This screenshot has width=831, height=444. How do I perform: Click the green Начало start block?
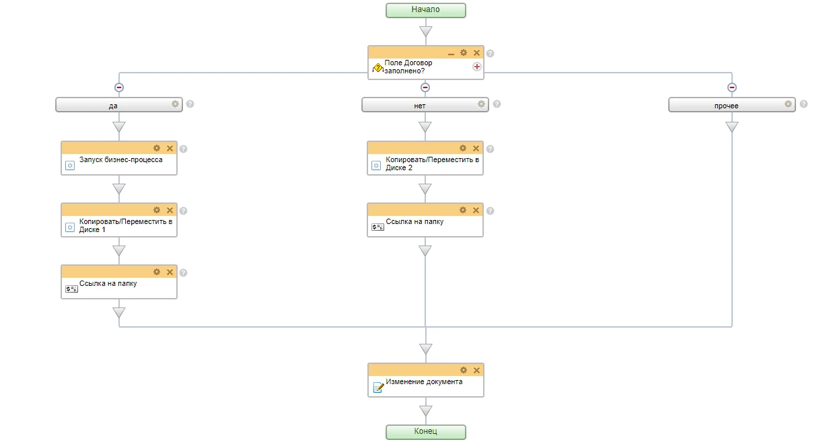coord(425,10)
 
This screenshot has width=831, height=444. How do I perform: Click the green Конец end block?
coord(425,432)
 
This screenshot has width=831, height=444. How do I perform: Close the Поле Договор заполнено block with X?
coord(476,52)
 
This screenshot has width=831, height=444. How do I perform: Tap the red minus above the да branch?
coord(118,87)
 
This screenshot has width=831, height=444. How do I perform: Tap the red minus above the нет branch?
coord(425,87)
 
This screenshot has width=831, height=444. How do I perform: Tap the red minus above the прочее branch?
coord(732,87)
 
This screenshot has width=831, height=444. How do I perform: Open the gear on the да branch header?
coord(175,104)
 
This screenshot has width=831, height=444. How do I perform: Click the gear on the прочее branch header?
coord(788,104)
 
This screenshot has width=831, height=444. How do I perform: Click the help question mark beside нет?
coord(497,104)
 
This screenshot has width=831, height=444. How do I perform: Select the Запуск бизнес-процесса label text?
coord(121,160)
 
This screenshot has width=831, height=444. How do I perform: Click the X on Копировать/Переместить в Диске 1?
coord(170,211)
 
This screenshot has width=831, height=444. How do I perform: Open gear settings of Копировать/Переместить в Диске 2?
coord(463,148)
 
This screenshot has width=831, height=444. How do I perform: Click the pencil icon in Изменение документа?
coord(378,387)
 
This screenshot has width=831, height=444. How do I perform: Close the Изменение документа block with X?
coord(476,370)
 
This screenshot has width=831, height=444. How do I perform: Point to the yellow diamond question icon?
coord(377,68)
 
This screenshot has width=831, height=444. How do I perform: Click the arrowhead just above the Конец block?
coord(425,410)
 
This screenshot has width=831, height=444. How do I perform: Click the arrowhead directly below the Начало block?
coord(425,31)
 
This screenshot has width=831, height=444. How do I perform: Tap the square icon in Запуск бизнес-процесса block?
coord(70,165)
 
